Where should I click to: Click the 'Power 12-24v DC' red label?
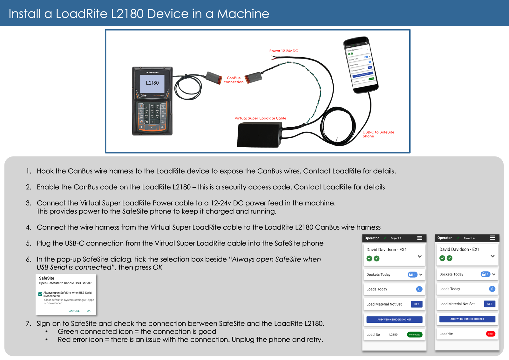pyautogui.click(x=283, y=51)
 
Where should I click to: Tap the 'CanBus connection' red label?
pyautogui.click(x=234, y=80)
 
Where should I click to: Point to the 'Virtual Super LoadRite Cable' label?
pyautogui.click(x=260, y=118)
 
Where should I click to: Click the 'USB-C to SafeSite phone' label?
pyautogui.click(x=378, y=134)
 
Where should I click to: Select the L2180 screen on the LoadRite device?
pyautogui.click(x=152, y=83)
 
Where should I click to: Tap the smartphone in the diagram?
pyautogui.click(x=361, y=65)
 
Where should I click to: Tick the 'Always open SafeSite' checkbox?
pyautogui.click(x=40, y=294)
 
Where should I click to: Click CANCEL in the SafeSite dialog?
pyautogui.click(x=74, y=311)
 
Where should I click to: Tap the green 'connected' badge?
pyautogui.click(x=415, y=335)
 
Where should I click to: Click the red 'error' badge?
pyautogui.click(x=491, y=334)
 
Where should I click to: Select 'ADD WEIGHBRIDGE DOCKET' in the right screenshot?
pyautogui.click(x=467, y=319)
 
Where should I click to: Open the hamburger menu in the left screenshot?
pyautogui.click(x=420, y=238)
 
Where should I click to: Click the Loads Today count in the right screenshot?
pyautogui.click(x=492, y=289)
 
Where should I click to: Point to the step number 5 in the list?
pyautogui.click(x=29, y=244)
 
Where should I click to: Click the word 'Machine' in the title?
pyautogui.click(x=243, y=14)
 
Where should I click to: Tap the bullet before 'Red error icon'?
pyautogui.click(x=47, y=340)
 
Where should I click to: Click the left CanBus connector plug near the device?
pyautogui.click(x=214, y=78)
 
